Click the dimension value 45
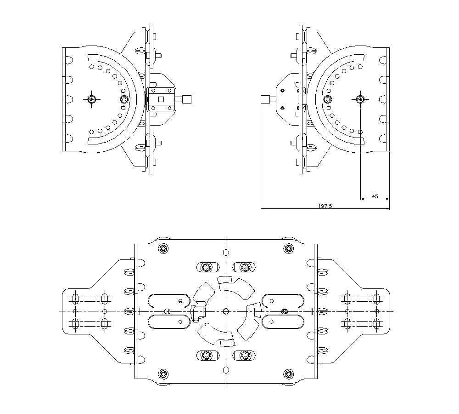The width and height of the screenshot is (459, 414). coord(375,196)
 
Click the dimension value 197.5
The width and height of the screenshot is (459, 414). coord(325,207)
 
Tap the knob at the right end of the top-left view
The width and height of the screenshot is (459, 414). coord(187,99)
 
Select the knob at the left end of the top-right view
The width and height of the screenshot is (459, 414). coord(265,99)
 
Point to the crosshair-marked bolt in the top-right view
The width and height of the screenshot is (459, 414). coord(361,99)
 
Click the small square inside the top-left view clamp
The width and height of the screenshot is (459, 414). coord(161,99)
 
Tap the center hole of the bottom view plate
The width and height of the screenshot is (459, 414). coord(225,311)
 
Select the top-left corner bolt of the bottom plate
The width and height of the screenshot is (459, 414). coord(163,249)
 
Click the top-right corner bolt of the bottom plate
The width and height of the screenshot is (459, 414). coord(288,249)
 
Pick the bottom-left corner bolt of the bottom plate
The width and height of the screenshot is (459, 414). coord(163,373)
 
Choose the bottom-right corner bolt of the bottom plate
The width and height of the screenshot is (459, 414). coord(288,373)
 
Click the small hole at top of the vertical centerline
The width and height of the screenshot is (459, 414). coord(225,252)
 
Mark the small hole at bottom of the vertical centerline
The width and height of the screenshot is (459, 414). coord(225,370)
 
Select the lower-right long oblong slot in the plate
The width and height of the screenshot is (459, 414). coord(282,322)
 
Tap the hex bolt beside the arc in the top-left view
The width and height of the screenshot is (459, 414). coord(123,99)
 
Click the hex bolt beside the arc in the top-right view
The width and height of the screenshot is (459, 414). coord(327,99)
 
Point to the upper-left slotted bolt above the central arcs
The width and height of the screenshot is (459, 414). coord(206,267)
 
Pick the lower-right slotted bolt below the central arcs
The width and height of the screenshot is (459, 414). coord(245,355)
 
